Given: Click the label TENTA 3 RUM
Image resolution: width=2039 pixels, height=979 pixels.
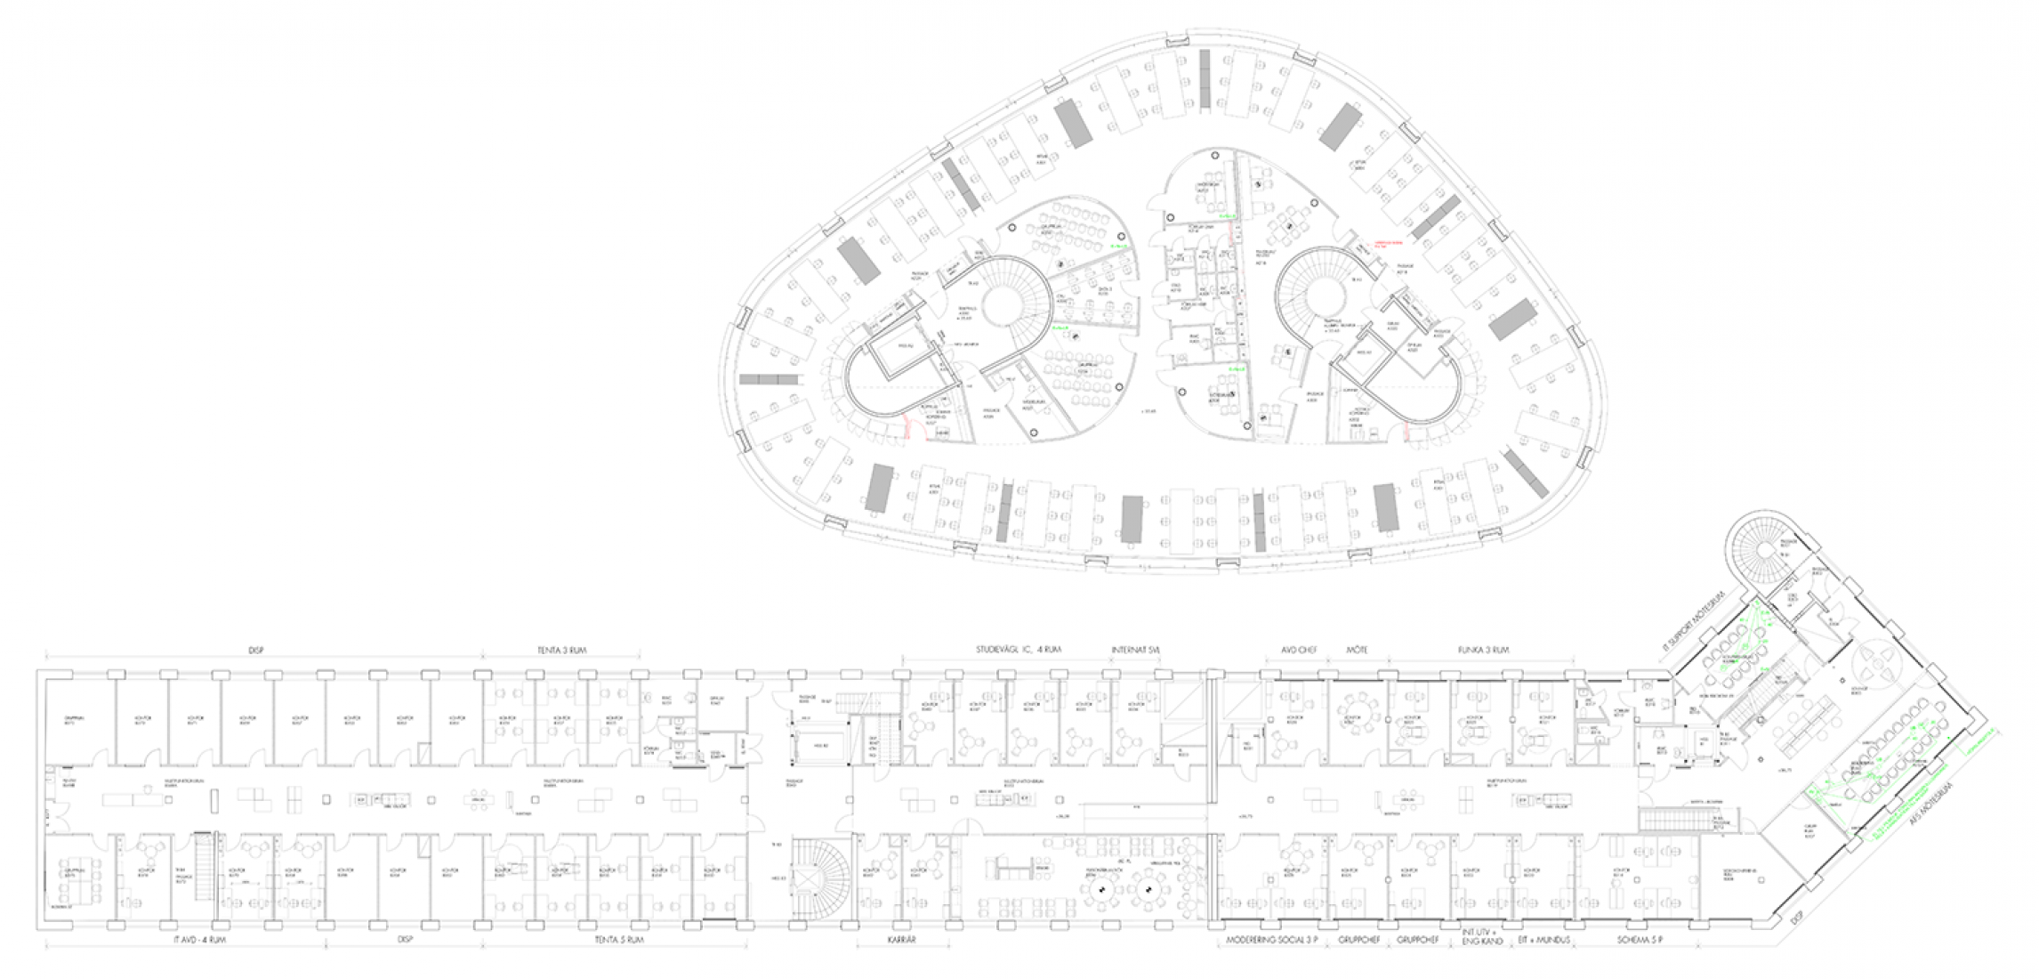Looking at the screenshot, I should (x=561, y=651).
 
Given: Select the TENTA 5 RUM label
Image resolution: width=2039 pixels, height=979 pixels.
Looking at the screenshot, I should (x=618, y=940).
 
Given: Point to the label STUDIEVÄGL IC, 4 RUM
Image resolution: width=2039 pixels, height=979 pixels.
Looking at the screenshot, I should (x=1019, y=650).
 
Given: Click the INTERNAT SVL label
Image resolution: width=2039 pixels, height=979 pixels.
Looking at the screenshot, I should (x=1136, y=650).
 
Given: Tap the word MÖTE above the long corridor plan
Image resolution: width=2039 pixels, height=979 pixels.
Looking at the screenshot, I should (x=1358, y=650).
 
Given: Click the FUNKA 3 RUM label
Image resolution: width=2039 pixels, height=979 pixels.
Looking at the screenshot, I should (x=1482, y=650).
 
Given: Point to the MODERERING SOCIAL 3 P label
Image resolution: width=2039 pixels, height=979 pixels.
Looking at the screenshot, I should (x=1271, y=940).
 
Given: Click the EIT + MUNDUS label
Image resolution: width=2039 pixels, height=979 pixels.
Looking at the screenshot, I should (x=1544, y=940).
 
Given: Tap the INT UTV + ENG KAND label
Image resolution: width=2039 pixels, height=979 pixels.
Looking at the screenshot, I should (x=1482, y=938).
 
